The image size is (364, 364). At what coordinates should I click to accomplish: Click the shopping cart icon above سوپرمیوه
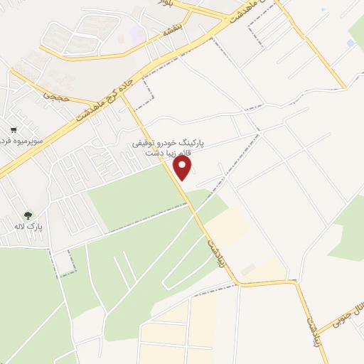[x=14, y=130]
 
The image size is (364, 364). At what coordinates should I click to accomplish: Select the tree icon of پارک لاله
[x=28, y=214]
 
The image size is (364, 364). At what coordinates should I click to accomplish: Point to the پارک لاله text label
[x=31, y=226]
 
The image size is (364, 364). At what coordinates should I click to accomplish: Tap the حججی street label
[x=57, y=94]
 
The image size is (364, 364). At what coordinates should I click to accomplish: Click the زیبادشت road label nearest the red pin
[x=213, y=250]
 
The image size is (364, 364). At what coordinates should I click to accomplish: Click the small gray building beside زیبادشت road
[x=247, y=270]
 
